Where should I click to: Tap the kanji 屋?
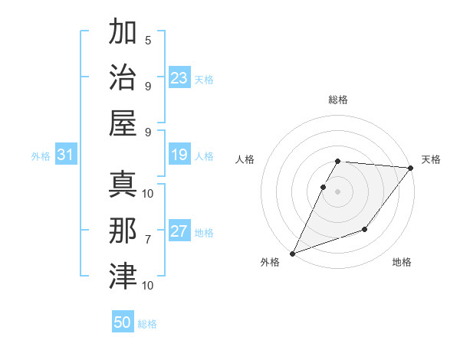pyautogui.click(x=123, y=123)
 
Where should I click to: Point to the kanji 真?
pyautogui.click(x=123, y=184)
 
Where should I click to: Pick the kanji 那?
pyautogui.click(x=123, y=230)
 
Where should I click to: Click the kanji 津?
pyautogui.click(x=123, y=275)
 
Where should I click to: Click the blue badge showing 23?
pyautogui.click(x=179, y=78)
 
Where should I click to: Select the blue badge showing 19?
pyautogui.click(x=179, y=155)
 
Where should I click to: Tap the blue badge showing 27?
pyautogui.click(x=179, y=232)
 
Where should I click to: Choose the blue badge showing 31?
pyautogui.click(x=65, y=155)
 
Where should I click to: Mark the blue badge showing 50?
pyautogui.click(x=123, y=322)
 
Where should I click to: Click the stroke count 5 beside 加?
pyautogui.click(x=148, y=41)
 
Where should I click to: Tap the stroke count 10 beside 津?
pyautogui.click(x=148, y=285)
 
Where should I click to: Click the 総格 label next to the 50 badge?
pyautogui.click(x=147, y=324)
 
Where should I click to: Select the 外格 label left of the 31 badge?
pyautogui.click(x=41, y=156)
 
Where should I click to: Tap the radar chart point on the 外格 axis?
pyautogui.click(x=292, y=253)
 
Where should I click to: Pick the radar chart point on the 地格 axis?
pyautogui.click(x=365, y=229)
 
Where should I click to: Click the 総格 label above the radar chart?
pyautogui.click(x=338, y=100)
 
